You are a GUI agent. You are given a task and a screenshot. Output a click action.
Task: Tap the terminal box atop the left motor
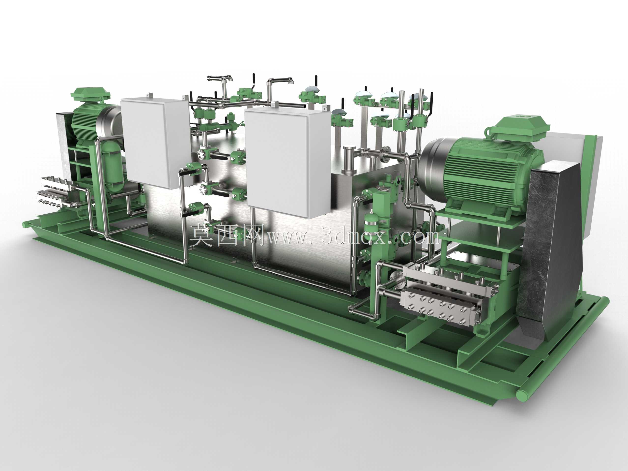90,94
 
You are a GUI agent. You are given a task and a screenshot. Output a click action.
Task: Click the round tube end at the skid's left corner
24,224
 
